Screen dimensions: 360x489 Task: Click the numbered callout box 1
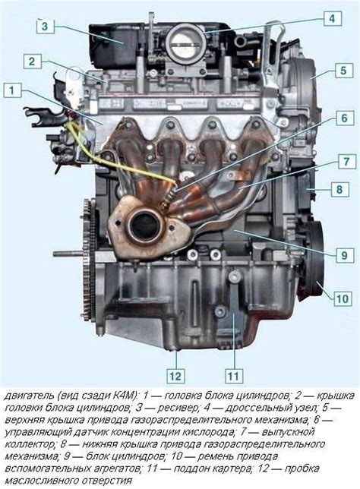12,91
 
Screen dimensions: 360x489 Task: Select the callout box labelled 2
32,62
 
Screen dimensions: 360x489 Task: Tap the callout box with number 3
46,26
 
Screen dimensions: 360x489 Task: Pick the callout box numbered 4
332,19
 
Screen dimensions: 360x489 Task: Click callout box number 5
344,70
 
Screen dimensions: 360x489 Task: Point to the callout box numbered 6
344,118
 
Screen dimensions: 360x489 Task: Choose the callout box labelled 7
346,161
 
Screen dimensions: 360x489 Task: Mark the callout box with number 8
339,189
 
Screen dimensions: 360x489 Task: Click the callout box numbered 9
344,255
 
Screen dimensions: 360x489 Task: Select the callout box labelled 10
343,298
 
